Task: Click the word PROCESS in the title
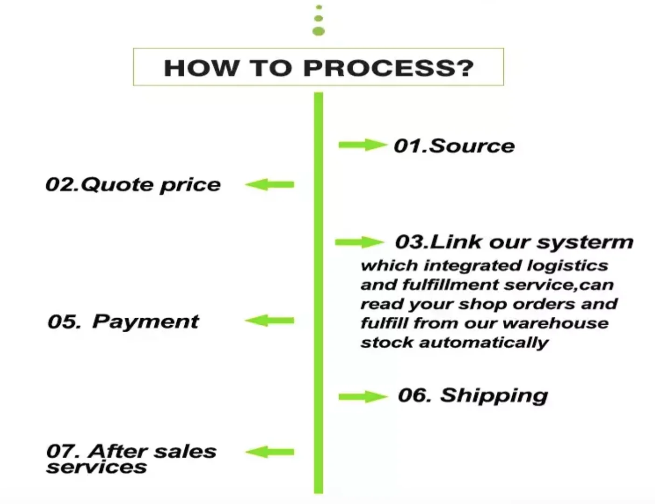[x=389, y=68]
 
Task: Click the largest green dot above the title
[x=319, y=31]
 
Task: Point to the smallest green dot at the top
[x=319, y=7]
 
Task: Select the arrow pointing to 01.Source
[x=362, y=145]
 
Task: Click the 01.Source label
[x=454, y=146]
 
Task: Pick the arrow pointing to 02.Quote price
[x=270, y=185]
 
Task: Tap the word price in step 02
[x=190, y=185]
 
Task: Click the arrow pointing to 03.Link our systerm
[x=359, y=242]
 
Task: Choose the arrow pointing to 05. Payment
[x=270, y=321]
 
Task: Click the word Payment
[x=146, y=322]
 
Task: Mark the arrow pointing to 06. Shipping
[x=362, y=397]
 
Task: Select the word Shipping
[x=494, y=396]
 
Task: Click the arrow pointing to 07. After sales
[x=270, y=452]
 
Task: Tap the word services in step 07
[x=97, y=467]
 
